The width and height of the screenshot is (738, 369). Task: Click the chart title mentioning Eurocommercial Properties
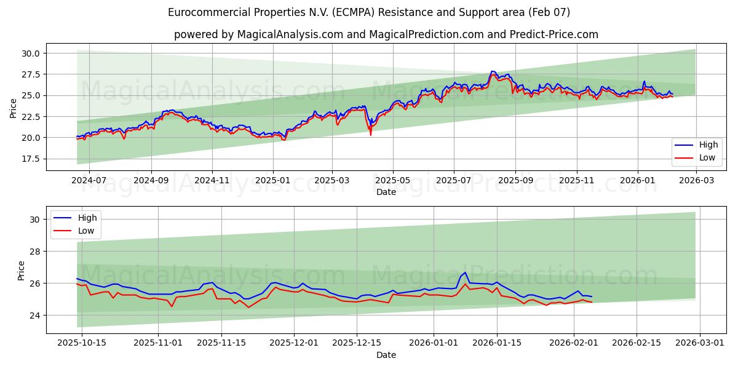[x=369, y=12]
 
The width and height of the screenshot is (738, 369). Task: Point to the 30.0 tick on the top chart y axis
[x=31, y=54]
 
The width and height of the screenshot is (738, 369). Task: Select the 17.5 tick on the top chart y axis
[x=31, y=159]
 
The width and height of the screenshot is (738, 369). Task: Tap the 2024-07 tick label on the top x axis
[x=89, y=181]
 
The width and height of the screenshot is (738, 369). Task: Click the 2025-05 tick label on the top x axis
[x=392, y=181]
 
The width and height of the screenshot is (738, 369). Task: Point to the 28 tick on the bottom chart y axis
[x=34, y=252]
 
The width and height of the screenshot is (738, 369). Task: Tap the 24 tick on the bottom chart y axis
[x=34, y=315]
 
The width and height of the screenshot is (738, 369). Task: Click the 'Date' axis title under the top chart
[x=386, y=192]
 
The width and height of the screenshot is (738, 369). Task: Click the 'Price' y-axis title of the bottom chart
[x=22, y=270]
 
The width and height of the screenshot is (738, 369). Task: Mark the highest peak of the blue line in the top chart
[x=492, y=71]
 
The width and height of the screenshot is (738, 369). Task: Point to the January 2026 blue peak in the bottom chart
[x=465, y=272]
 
